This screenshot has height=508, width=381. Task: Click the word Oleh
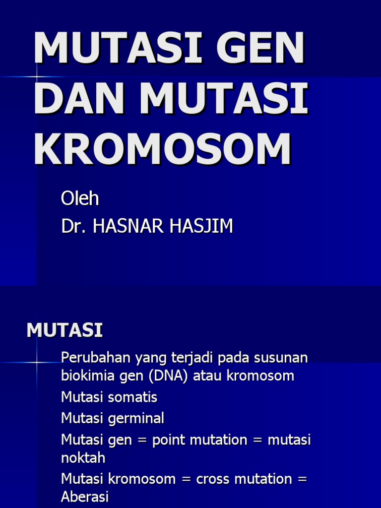(80, 198)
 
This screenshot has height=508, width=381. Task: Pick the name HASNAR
(126, 226)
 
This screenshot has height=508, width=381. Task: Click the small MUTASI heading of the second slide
(64, 330)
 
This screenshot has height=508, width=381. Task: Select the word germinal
(137, 419)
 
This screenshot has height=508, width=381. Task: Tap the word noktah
(83, 457)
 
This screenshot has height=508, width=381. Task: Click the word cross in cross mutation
(212, 479)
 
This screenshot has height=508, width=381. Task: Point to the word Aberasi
(84, 497)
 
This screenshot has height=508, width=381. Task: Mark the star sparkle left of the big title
(37, 77)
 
